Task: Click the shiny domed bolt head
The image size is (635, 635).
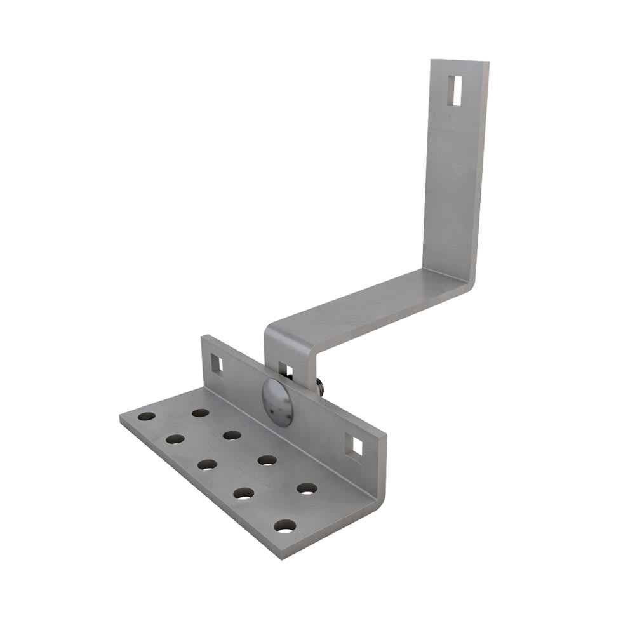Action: (x=277, y=401)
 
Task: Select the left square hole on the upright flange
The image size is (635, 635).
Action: (x=217, y=363)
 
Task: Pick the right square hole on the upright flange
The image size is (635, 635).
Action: (x=357, y=446)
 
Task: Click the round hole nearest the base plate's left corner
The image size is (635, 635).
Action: (x=147, y=417)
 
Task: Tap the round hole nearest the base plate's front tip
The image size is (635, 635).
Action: (x=285, y=526)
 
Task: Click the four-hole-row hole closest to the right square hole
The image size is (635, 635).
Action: (x=307, y=489)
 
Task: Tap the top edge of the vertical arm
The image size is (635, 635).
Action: (x=460, y=62)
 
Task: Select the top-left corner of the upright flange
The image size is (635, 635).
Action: (x=204, y=338)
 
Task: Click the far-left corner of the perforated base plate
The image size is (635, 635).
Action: (x=121, y=419)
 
